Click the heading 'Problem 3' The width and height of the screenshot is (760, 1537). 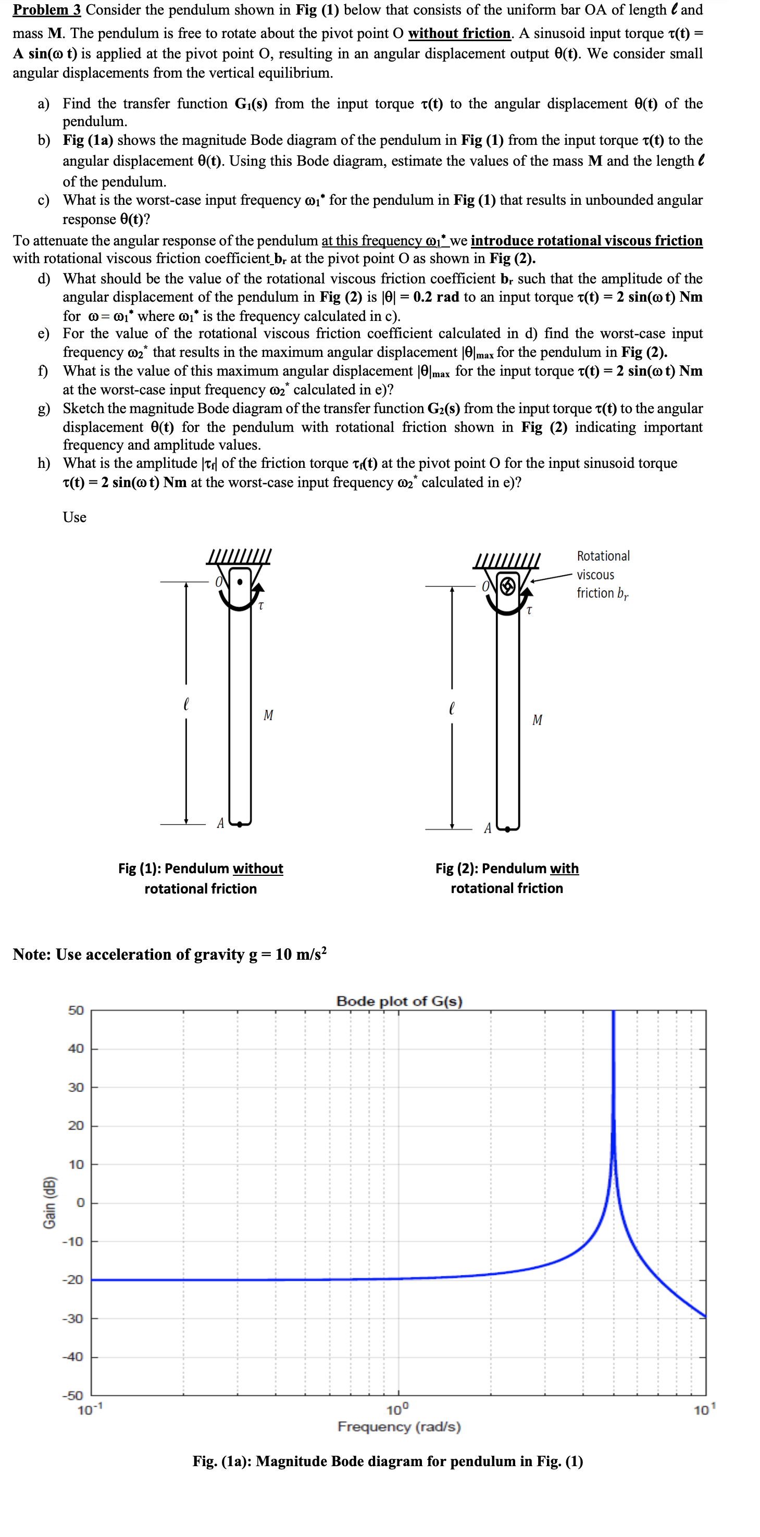pyautogui.click(x=46, y=10)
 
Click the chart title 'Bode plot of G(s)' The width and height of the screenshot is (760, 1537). pyautogui.click(x=399, y=1001)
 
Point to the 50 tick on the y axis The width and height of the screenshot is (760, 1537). pyautogui.click(x=76, y=1010)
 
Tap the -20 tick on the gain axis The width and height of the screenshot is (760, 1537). pyautogui.click(x=74, y=1280)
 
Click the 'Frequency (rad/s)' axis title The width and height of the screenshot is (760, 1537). pyautogui.click(x=399, y=1427)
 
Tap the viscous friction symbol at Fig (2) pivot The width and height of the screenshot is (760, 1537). pyautogui.click(x=507, y=587)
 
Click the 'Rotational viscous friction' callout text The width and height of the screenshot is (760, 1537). pyautogui.click(x=603, y=574)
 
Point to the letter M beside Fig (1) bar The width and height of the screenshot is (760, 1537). pyautogui.click(x=268, y=715)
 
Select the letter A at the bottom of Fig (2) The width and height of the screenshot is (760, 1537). pyautogui.click(x=488, y=828)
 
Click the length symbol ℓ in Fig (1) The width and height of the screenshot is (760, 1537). pyautogui.click(x=186, y=704)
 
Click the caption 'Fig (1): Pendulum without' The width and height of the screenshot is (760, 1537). pyautogui.click(x=201, y=868)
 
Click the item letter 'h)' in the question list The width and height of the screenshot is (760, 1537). pyautogui.click(x=44, y=464)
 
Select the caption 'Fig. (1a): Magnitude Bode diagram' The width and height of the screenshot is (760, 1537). pyautogui.click(x=387, y=1461)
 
